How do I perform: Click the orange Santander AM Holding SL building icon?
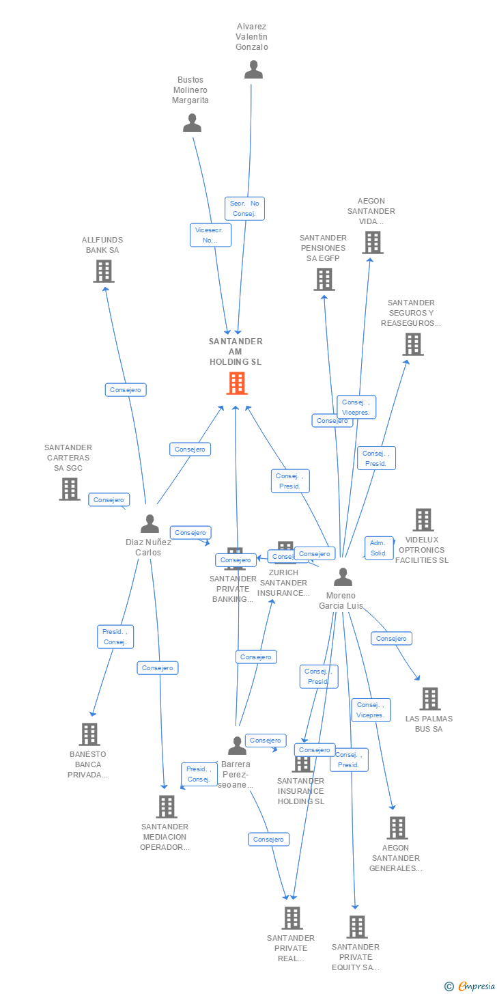click(x=236, y=383)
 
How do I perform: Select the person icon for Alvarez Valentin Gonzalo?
click(x=253, y=69)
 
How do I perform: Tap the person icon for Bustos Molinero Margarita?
click(x=193, y=122)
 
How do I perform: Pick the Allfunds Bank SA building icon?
click(x=103, y=271)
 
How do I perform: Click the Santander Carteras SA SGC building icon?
click(x=69, y=488)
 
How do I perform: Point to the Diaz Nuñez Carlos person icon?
click(x=150, y=523)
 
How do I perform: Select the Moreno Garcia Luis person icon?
click(x=343, y=577)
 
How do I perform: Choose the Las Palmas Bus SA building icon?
click(x=429, y=698)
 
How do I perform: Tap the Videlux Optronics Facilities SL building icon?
click(x=423, y=520)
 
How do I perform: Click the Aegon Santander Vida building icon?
click(x=372, y=242)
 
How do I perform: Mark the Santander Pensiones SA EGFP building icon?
click(x=324, y=279)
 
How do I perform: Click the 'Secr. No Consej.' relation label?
click(x=244, y=208)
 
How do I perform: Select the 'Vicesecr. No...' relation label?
click(x=210, y=235)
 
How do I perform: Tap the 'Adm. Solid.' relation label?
click(x=378, y=548)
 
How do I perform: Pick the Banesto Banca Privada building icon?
click(x=89, y=734)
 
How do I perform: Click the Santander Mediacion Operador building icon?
click(x=166, y=806)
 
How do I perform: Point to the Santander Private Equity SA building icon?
click(x=356, y=926)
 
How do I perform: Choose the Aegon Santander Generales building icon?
click(x=397, y=827)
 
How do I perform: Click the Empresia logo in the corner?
click(x=470, y=986)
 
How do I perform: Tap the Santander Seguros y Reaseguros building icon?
click(x=412, y=344)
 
